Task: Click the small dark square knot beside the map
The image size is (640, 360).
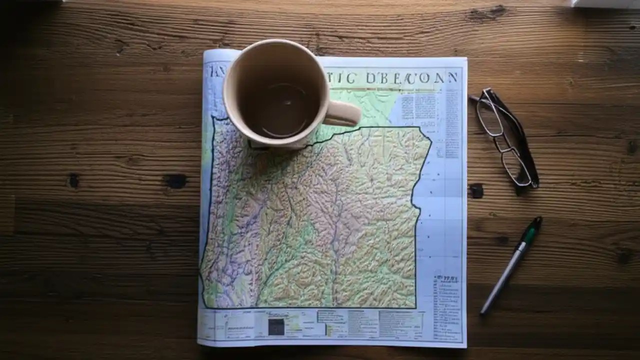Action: (x=476, y=190)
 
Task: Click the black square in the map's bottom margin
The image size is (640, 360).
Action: (x=276, y=326)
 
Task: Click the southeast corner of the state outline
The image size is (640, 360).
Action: (x=415, y=307)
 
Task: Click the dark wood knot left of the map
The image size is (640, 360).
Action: (x=175, y=180)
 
